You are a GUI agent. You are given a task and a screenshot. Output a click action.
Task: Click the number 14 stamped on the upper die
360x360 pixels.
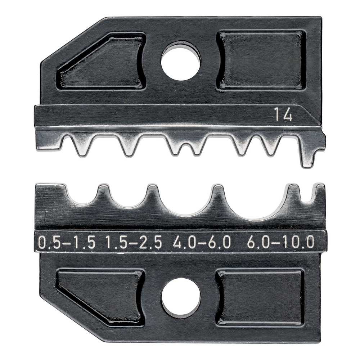point(283,115)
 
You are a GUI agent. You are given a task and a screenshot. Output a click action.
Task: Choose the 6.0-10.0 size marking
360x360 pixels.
point(281,242)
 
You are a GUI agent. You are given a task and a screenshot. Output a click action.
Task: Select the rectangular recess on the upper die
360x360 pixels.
point(261,60)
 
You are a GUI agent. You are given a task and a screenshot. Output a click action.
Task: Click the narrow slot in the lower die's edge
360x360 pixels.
point(309,194)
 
